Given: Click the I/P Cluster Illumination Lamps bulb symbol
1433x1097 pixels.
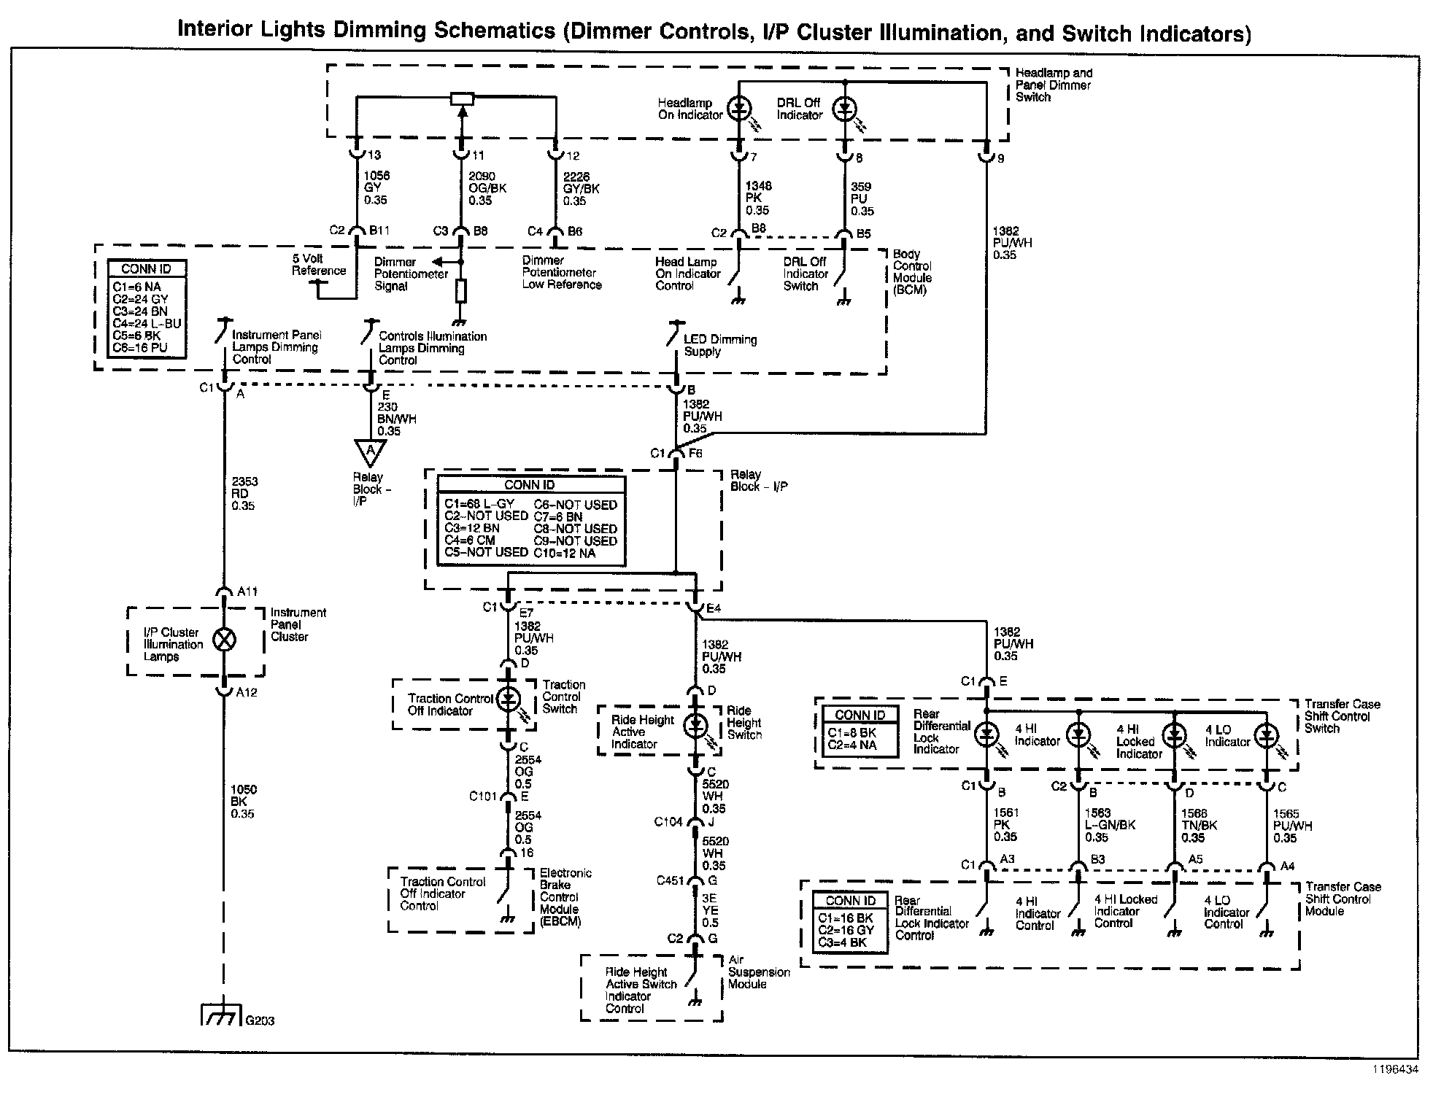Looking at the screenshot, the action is click(224, 640).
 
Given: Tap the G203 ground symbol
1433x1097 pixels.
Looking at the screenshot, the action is click(221, 1015).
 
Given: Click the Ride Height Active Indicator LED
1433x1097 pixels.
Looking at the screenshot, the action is click(696, 724).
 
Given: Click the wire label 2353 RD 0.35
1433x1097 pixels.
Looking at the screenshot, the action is click(244, 494).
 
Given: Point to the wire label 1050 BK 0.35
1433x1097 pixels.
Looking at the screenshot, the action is click(243, 802).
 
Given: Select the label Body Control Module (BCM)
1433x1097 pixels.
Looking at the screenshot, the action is click(912, 272).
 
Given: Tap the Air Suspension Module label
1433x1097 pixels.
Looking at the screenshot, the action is click(759, 972).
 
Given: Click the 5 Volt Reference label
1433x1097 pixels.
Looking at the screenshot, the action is click(319, 265).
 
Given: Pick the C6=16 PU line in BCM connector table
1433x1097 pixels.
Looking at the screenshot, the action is click(140, 348).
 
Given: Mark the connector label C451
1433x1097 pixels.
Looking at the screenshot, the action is click(670, 880).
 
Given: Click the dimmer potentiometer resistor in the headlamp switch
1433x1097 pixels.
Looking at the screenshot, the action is click(462, 98).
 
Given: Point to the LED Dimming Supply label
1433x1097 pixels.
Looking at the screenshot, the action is click(720, 345).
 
